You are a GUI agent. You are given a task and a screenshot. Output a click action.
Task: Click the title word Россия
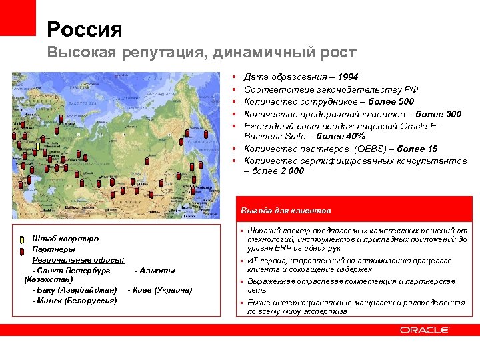click(x=85, y=29)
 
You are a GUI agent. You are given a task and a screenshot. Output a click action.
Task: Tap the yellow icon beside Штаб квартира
click(x=21, y=239)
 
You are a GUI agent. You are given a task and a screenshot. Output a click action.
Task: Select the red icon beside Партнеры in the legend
click(x=21, y=250)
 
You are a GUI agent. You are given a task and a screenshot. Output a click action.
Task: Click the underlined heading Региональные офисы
click(x=70, y=259)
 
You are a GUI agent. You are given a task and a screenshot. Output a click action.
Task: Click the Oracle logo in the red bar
click(x=424, y=329)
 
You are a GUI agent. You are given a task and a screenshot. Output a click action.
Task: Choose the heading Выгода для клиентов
click(x=285, y=210)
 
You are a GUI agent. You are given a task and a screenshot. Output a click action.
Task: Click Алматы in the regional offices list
click(x=157, y=270)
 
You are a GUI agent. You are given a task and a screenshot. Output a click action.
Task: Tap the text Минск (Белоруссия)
click(x=77, y=300)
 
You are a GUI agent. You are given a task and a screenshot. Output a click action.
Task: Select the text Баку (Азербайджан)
click(x=77, y=290)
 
